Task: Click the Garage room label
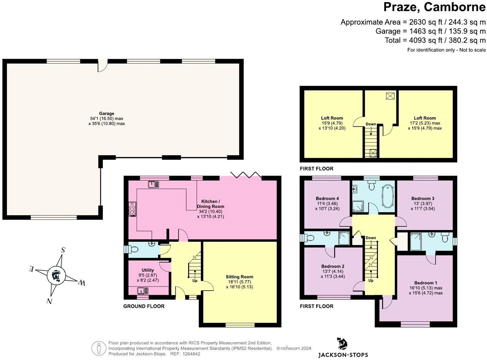point(107,113)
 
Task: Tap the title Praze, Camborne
point(434,7)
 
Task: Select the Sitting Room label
point(239,277)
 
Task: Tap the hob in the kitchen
point(132,209)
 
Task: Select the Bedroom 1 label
point(425,283)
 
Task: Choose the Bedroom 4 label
point(327,199)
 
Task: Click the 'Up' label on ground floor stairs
point(195,281)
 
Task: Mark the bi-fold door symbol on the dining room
point(246,175)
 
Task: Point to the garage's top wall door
point(102,65)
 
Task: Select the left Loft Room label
point(332,118)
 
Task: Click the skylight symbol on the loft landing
point(390,96)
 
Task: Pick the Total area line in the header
point(435,40)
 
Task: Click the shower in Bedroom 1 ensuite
point(416,242)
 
